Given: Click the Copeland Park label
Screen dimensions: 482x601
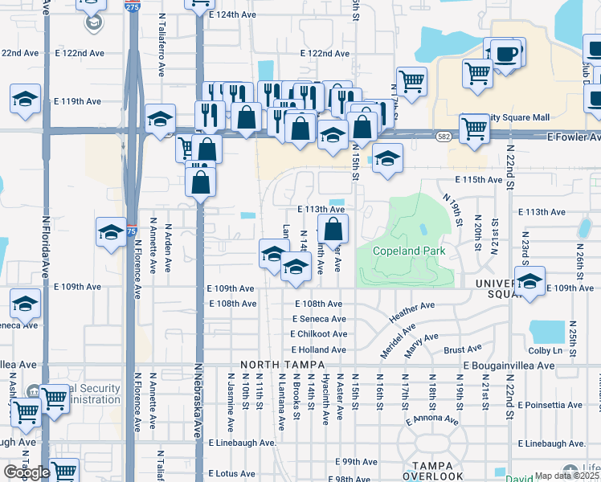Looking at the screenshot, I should [409, 251].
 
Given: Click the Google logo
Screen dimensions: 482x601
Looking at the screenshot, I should [27, 472].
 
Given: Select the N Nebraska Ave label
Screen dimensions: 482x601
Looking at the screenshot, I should [198, 398].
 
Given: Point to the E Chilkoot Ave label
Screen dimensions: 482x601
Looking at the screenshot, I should [319, 334].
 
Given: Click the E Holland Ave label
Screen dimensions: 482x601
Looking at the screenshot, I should [318, 349].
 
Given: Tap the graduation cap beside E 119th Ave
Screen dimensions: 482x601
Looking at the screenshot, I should [25, 99].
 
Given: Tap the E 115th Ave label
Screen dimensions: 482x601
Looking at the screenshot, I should [477, 180].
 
